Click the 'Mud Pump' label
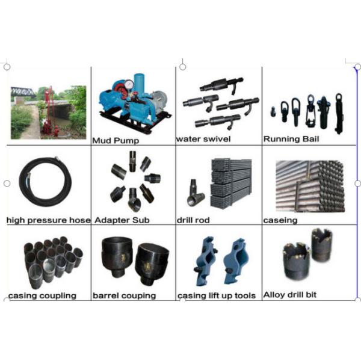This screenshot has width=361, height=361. click(x=116, y=140)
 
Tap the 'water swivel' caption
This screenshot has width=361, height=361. click(x=203, y=139)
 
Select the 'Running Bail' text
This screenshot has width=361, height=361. click(x=291, y=139)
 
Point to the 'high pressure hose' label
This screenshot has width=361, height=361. click(x=49, y=220)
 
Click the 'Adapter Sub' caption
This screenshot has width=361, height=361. click(x=122, y=220)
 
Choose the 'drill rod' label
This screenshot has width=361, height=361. click(x=193, y=220)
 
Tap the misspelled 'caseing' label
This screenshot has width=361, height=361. click(x=280, y=221)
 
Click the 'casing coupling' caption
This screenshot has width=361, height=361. click(x=42, y=295)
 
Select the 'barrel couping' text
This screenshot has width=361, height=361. click(x=125, y=295)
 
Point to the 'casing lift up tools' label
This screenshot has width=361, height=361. click(x=217, y=295)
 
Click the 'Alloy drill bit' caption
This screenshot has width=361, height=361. click(x=290, y=295)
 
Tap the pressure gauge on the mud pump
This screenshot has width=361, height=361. click(x=129, y=84)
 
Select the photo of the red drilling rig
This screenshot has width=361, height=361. click(x=49, y=113)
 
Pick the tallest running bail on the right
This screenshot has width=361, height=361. click(x=339, y=113)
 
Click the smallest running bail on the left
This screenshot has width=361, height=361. click(x=273, y=111)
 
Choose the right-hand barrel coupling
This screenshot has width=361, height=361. click(x=152, y=264)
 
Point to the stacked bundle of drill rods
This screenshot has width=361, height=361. click(x=231, y=184)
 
